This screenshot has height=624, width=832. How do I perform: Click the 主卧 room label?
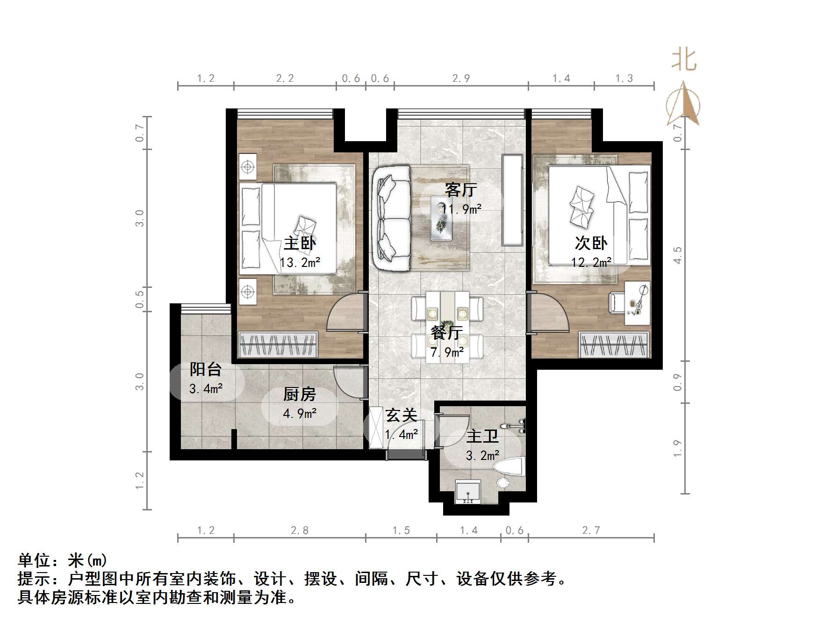coord(300,243)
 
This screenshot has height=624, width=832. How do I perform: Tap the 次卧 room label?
coord(591,243)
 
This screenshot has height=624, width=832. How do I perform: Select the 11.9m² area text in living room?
coord(461,208)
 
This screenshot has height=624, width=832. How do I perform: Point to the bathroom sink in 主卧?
coord(468,492)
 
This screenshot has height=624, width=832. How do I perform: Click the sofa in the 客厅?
coord(391,218)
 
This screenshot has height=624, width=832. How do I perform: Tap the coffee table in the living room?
coord(442,218)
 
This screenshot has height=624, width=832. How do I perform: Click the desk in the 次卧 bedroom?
coord(637,303)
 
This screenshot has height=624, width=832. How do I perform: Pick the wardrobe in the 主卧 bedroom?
coord(278,345)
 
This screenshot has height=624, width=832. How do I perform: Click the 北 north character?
coord(683,60)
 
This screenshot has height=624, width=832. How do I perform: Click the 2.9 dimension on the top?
coord(461,79)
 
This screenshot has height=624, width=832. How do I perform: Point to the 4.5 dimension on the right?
coord(678,255)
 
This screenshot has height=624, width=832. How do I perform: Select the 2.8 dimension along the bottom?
coord(300,530)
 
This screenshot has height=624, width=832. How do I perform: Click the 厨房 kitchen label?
coord(300,394)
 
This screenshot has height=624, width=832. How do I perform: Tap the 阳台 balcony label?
coord(205,369)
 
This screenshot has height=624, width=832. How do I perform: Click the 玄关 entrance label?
coord(401,415)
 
